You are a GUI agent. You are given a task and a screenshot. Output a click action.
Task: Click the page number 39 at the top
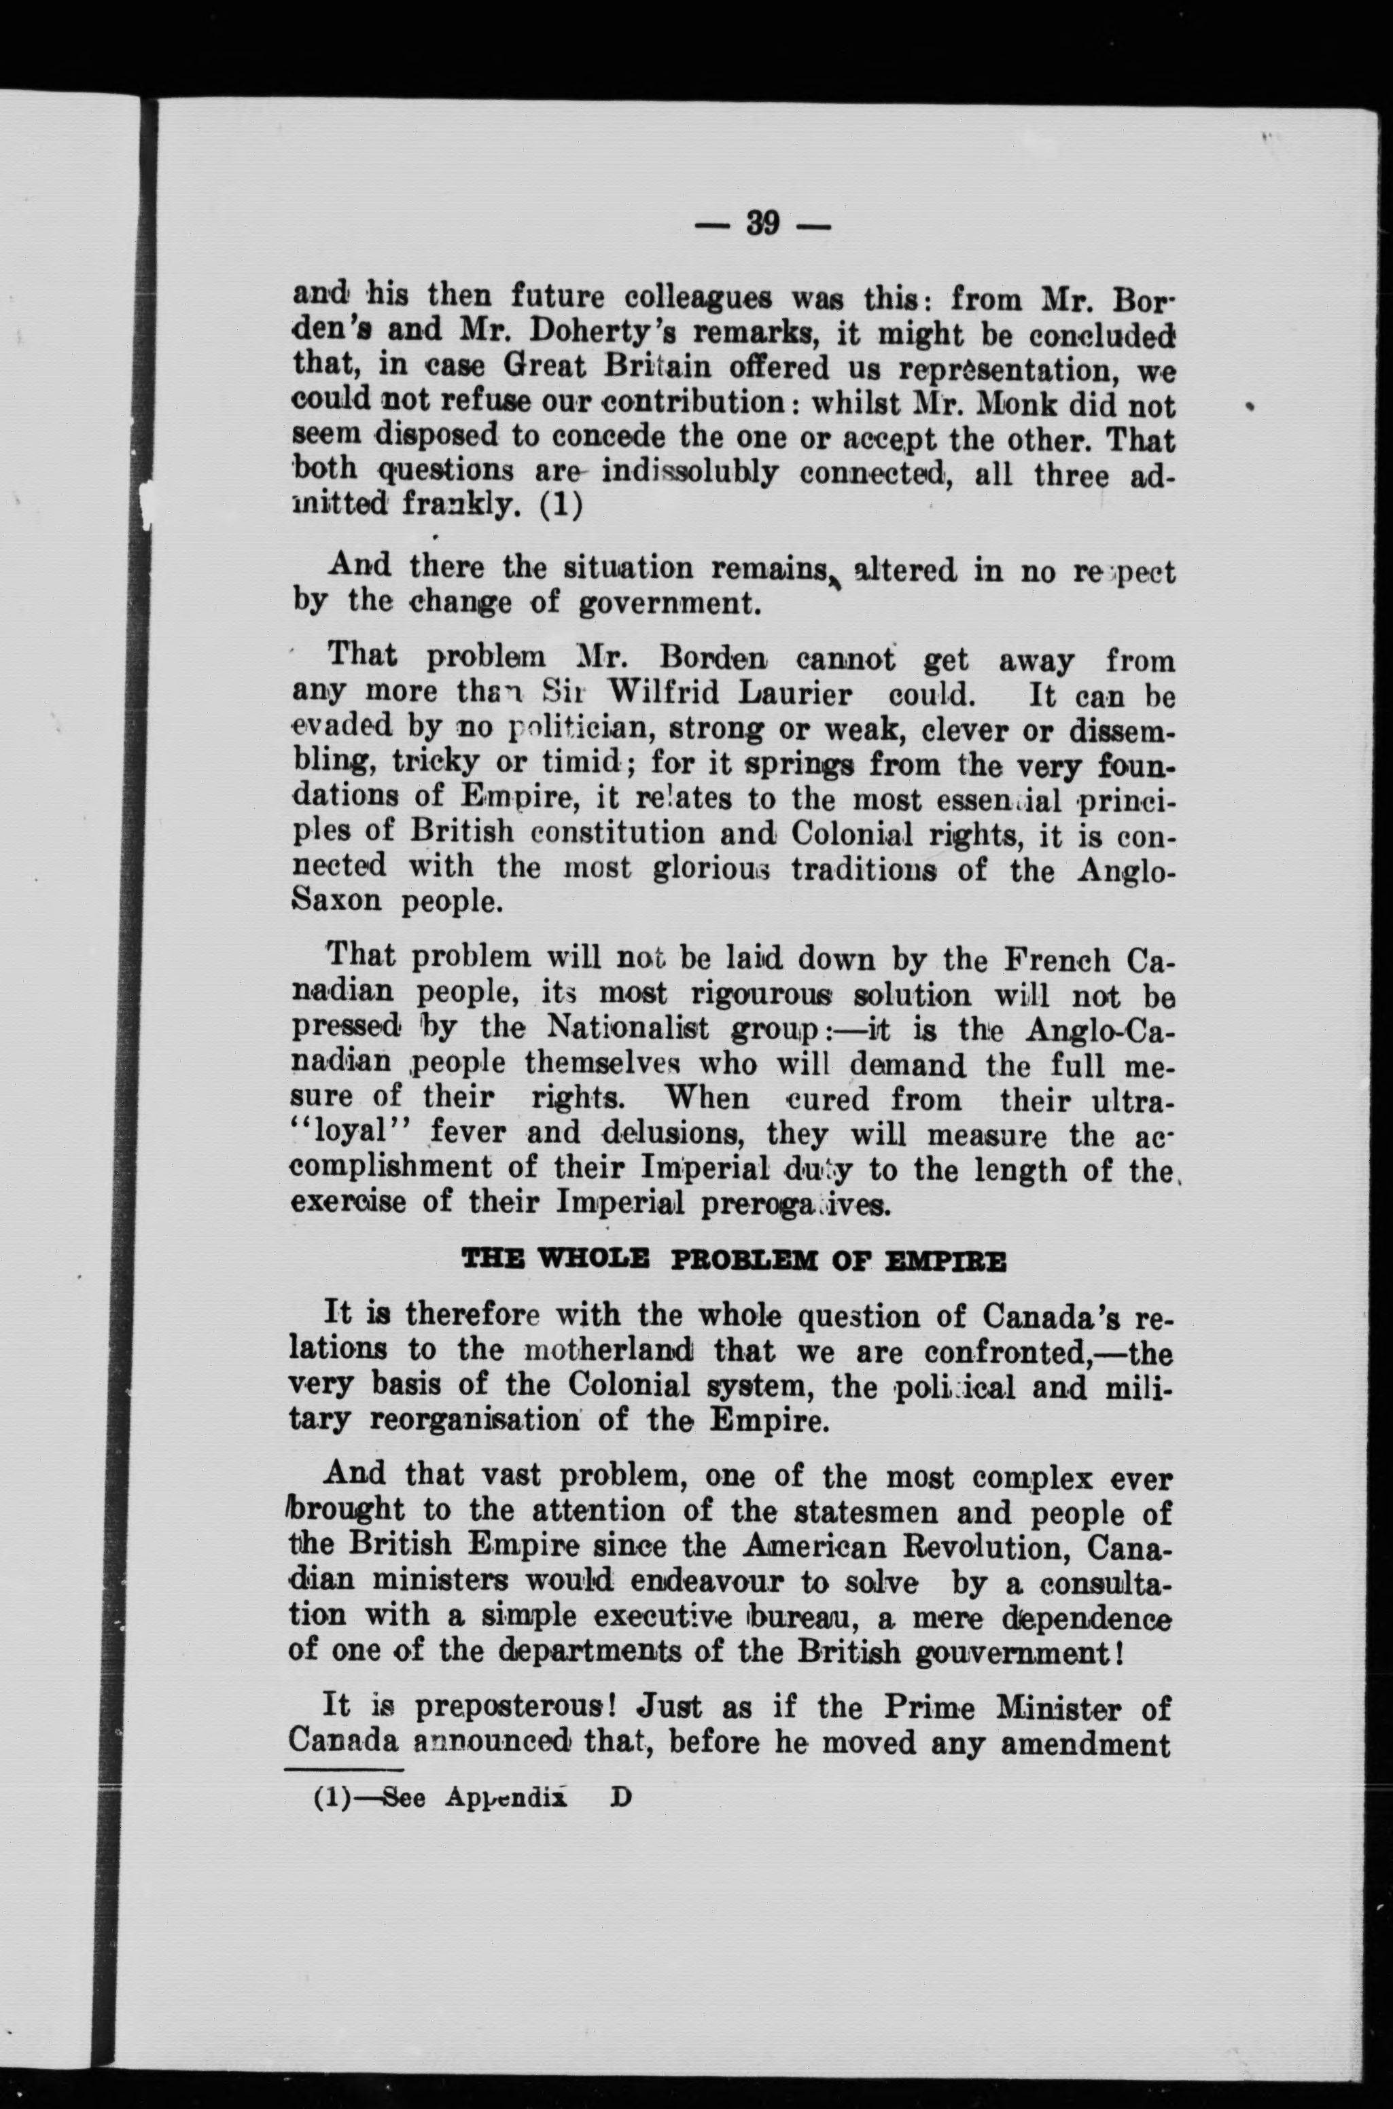pos(762,222)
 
